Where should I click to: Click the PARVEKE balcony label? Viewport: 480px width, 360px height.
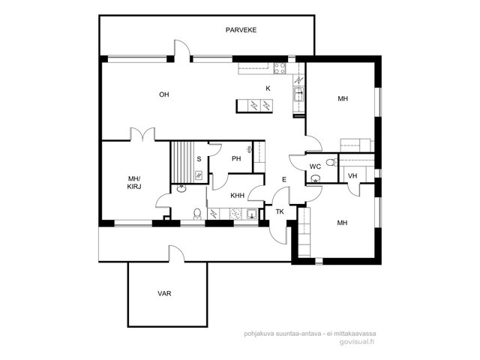241,30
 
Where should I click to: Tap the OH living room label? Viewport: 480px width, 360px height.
164,94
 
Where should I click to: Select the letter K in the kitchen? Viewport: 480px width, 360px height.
268,88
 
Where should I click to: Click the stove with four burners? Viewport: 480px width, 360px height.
280,68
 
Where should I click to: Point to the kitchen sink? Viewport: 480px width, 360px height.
298,94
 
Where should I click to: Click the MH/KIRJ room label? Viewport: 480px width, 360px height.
134,182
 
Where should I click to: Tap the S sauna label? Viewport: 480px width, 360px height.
199,159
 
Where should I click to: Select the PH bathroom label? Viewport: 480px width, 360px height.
236,158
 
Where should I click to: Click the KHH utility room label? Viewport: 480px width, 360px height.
238,195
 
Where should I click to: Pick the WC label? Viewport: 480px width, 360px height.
315,166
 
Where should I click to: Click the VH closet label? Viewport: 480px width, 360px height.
352,176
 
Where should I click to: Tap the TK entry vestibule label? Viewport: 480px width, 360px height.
280,211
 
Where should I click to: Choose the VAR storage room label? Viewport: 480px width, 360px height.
164,293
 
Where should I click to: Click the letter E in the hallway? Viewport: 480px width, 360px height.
284,180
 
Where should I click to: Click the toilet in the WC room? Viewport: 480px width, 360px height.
331,162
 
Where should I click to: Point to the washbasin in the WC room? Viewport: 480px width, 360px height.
315,178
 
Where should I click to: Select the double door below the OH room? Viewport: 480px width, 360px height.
142,134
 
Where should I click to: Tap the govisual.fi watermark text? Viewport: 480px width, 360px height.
357,342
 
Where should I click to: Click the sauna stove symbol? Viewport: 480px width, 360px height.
199,175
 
